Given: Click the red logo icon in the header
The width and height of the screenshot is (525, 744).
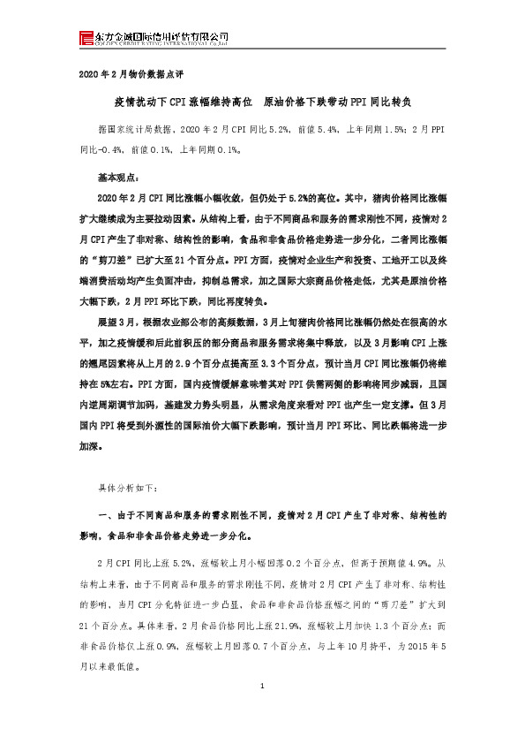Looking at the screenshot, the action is click(x=86, y=37).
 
